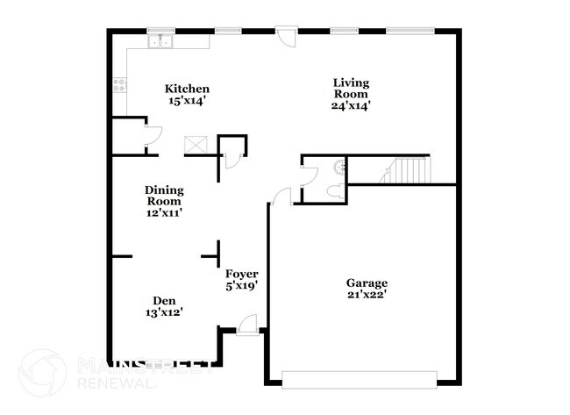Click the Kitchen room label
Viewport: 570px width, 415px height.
tap(189, 89)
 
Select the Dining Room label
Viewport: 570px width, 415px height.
tap(164, 194)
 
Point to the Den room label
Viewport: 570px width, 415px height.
tap(164, 298)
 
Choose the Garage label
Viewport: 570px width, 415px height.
tap(367, 283)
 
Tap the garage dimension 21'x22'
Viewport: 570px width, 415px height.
tap(367, 295)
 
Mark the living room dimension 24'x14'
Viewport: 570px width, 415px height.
tap(351, 106)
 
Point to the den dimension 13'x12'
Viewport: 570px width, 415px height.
tap(164, 311)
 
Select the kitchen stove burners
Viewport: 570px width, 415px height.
tap(118, 87)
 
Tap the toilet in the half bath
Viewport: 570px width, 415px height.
tap(334, 191)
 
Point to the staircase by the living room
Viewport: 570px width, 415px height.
tap(409, 169)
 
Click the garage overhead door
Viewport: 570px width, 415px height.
tap(359, 378)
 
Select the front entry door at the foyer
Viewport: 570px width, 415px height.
tap(246, 327)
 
